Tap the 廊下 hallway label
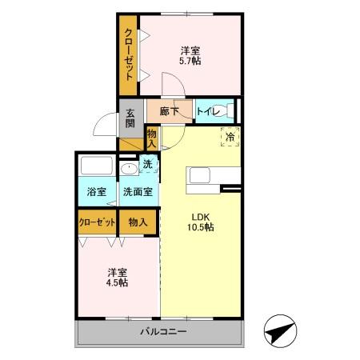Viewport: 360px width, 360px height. pyautogui.click(x=168, y=112)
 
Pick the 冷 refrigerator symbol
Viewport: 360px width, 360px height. pyautogui.click(x=230, y=138)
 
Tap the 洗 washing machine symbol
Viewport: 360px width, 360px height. pyautogui.click(x=148, y=166)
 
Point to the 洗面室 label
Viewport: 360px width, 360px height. pyautogui.click(x=139, y=192)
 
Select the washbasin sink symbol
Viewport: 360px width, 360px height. pyautogui.click(x=128, y=169)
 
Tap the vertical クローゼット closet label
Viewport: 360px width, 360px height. pyautogui.click(x=128, y=55)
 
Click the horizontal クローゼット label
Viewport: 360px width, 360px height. pyautogui.click(x=98, y=222)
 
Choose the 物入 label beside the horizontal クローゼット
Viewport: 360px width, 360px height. pyautogui.click(x=138, y=222)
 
